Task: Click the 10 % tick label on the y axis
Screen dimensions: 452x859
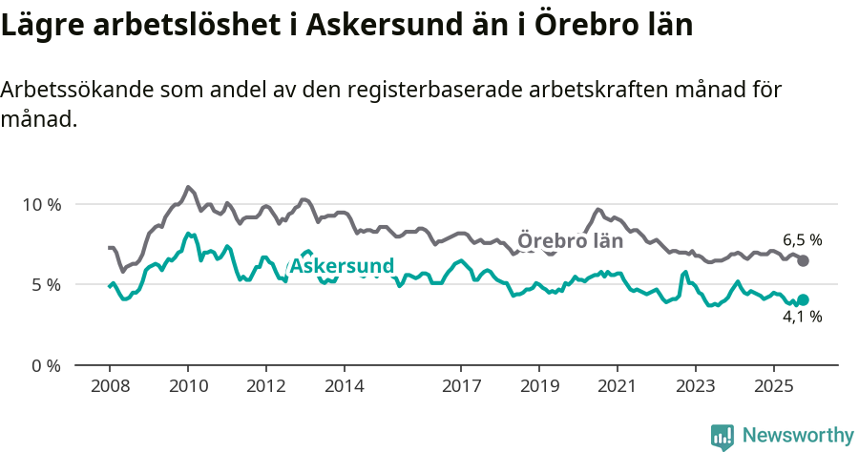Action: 41,204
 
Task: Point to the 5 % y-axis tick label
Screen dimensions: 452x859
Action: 45,284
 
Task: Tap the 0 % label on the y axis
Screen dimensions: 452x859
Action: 45,365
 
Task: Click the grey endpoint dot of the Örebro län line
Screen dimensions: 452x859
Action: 803,260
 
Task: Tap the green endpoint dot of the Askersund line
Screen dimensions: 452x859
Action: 803,299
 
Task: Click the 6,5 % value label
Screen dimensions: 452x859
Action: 802,240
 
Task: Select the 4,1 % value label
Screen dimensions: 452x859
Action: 802,318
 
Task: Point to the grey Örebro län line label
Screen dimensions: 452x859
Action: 570,241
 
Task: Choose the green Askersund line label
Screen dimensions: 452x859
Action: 340,265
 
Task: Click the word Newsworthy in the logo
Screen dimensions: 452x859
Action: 797,435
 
